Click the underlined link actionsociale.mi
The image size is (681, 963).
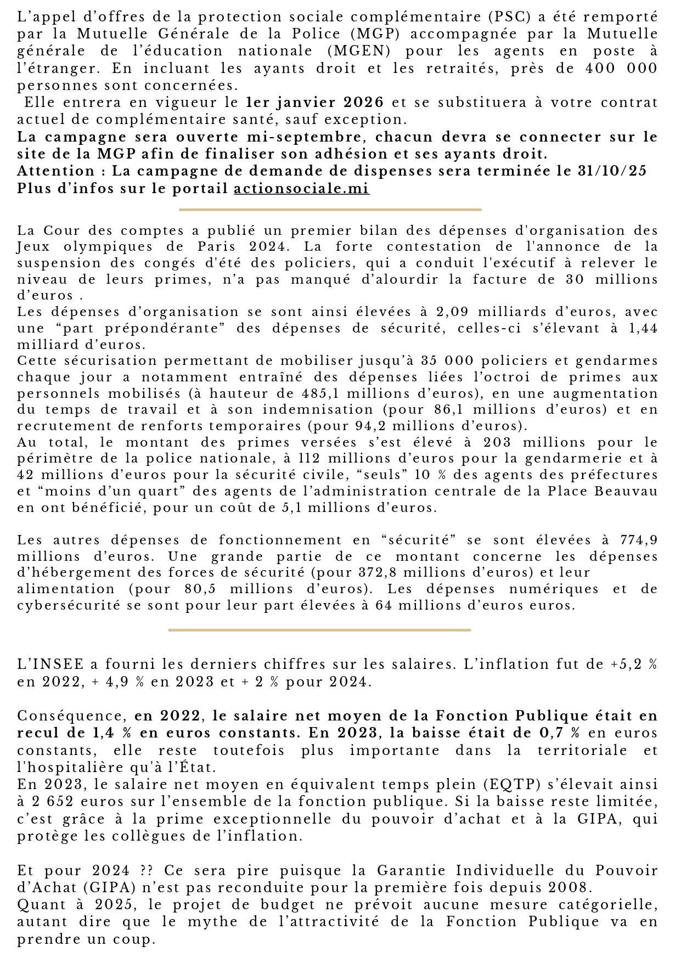point(301,189)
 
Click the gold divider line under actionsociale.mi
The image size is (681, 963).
point(330,210)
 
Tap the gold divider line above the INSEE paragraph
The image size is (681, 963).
point(319,630)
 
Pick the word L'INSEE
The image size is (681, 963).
point(50,664)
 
